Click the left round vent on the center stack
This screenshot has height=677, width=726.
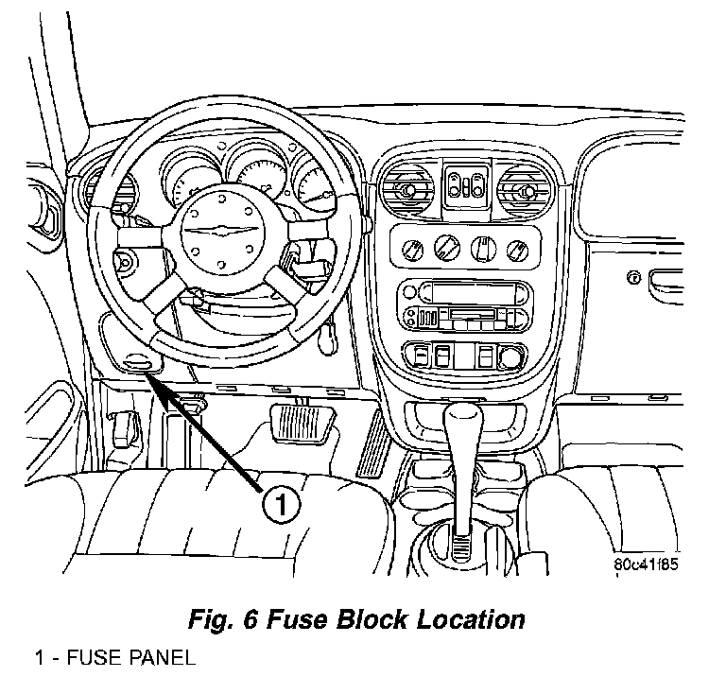tap(406, 191)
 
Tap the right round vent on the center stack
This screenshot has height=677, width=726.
tap(520, 191)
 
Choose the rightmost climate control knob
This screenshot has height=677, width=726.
tap(516, 251)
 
